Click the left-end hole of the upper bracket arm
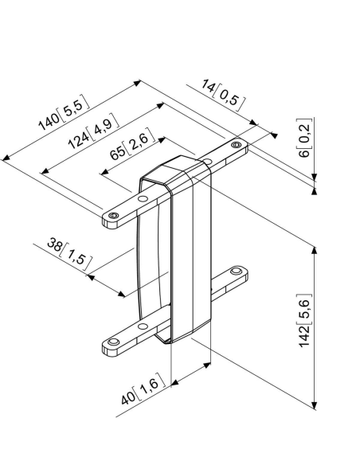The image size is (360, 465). [x=114, y=216]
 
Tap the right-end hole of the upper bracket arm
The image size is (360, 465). [x=236, y=145]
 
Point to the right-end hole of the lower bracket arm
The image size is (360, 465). [x=236, y=272]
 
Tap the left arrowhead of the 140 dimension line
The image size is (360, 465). [x=6, y=158]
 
